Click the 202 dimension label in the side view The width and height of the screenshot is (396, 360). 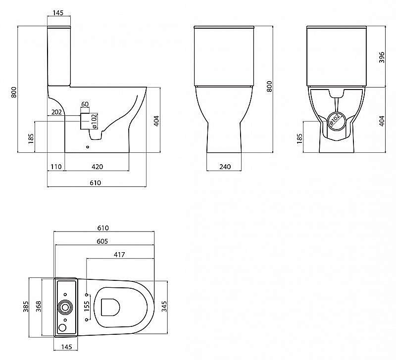[56, 112]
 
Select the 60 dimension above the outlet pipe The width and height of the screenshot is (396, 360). [85, 104]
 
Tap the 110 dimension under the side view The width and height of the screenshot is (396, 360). [56, 167]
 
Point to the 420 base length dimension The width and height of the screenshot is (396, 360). [96, 167]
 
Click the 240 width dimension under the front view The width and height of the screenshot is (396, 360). [224, 167]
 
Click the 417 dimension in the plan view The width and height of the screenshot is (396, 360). [119, 254]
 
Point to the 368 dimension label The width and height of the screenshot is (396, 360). [38, 307]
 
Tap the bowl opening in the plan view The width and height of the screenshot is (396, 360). [110, 307]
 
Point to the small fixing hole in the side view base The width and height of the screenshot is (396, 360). [88, 146]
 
